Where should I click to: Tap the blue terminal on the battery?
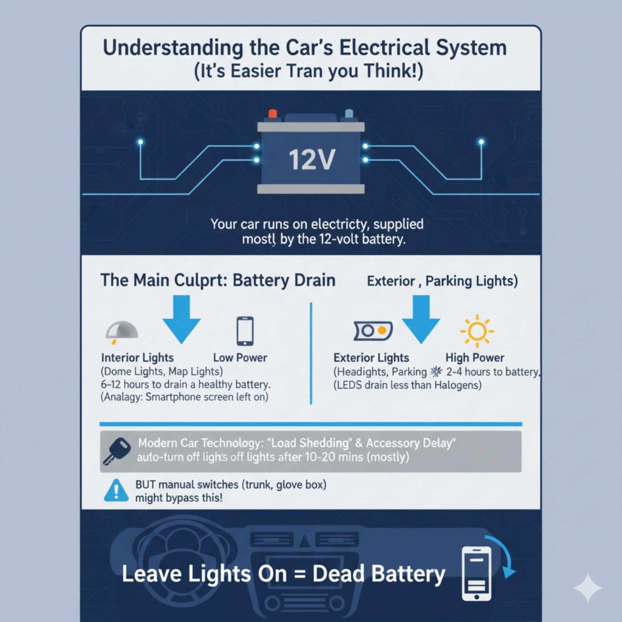349,114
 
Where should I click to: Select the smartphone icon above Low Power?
244,331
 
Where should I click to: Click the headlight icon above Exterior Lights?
372,331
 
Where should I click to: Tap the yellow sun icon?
476,331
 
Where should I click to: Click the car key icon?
116,450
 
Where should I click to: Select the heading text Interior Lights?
137,358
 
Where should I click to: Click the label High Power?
475,358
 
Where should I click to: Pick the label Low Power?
240,358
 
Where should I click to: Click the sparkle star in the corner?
587,588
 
